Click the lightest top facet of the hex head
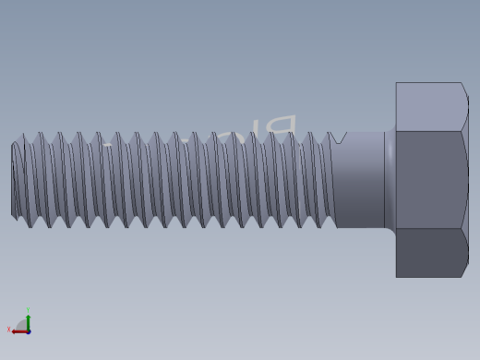click(429, 107)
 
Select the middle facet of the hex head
click(429, 180)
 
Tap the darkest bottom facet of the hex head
click(429, 253)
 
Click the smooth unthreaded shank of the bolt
click(360, 180)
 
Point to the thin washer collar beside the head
click(390, 180)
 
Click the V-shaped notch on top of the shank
click(339, 138)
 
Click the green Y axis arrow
click(28, 321)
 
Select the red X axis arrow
click(18, 331)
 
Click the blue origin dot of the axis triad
click(29, 331)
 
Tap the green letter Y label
click(28, 311)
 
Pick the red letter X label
click(9, 330)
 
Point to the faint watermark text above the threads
click(231, 133)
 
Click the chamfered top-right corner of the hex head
click(464, 88)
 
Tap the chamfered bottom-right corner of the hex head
click(464, 271)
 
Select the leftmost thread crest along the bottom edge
click(30, 225)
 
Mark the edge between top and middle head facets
click(429, 131)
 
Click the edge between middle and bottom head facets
click(429, 229)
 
